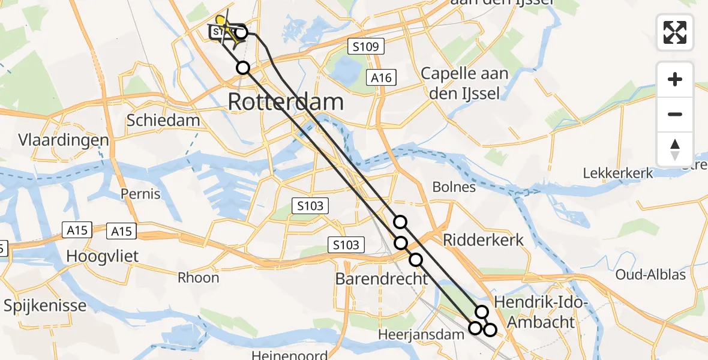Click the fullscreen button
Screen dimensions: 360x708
[675, 32]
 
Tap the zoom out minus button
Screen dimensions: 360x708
[675, 114]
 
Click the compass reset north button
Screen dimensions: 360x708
[675, 149]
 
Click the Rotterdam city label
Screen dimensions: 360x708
[286, 102]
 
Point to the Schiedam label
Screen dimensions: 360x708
[163, 120]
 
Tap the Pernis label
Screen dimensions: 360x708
[140, 194]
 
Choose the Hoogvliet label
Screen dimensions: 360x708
[103, 256]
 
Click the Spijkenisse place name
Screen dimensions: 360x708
[45, 305]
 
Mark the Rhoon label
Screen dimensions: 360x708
[198, 277]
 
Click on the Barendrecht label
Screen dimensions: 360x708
[382, 278]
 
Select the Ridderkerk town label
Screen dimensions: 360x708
[483, 240]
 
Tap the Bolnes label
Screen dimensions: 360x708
[454, 187]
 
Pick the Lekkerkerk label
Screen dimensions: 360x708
[618, 173]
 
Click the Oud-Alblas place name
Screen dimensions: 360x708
[650, 275]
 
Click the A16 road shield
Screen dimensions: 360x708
[382, 77]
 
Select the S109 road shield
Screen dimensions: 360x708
[365, 46]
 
